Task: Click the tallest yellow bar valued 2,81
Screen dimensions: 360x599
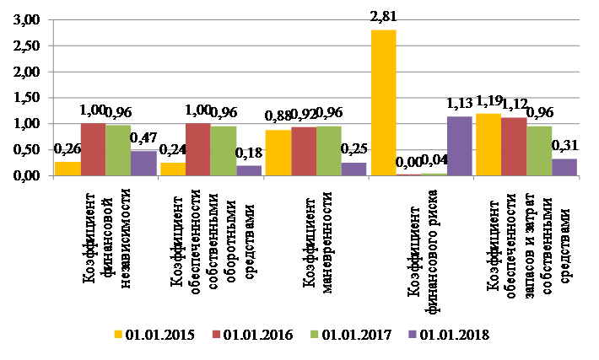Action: click(x=383, y=103)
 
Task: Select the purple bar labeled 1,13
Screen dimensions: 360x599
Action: click(x=460, y=146)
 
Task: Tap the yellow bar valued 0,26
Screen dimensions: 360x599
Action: click(x=67, y=169)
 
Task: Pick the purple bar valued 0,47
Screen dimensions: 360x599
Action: click(x=143, y=164)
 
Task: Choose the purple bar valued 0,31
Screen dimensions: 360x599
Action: click(x=564, y=167)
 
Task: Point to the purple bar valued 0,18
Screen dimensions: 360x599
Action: click(x=249, y=170)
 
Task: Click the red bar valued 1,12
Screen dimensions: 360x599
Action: click(x=513, y=147)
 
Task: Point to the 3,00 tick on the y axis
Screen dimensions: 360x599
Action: click(x=27, y=21)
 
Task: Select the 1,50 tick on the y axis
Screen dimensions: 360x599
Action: click(x=27, y=99)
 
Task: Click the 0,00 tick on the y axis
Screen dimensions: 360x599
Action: click(x=27, y=175)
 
